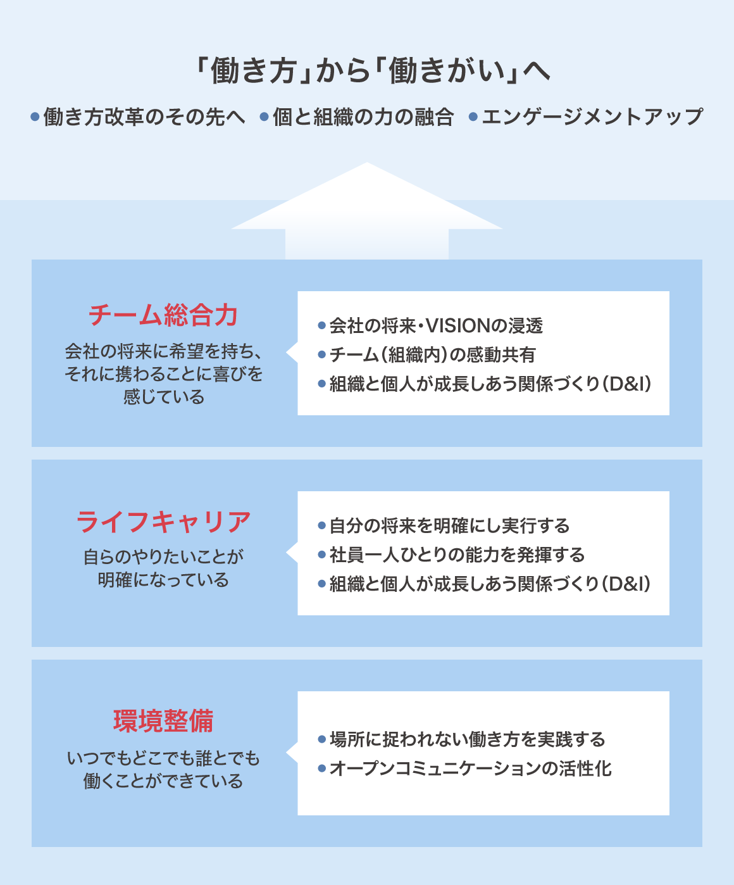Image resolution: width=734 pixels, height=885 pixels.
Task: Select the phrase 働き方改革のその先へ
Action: click(144, 117)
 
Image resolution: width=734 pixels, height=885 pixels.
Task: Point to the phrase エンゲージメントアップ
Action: click(592, 117)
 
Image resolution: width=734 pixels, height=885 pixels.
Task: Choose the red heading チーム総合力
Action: click(163, 315)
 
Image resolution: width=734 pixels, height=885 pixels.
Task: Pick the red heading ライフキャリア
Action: click(163, 522)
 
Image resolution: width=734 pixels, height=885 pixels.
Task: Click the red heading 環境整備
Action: click(163, 721)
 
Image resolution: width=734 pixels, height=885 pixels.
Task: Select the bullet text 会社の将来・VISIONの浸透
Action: click(436, 326)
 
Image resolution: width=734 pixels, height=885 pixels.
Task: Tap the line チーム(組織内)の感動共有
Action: click(432, 355)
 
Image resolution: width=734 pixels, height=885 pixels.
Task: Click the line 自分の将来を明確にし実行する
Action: click(449, 526)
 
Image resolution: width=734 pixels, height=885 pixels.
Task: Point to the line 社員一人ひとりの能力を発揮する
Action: click(457, 555)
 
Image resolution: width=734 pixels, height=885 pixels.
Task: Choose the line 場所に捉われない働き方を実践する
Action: click(467, 739)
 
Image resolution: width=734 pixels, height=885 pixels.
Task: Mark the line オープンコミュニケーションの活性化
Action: click(470, 769)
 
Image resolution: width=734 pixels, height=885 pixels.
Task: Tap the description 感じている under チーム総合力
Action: click(163, 397)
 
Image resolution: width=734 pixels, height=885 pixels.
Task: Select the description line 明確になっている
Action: click(163, 580)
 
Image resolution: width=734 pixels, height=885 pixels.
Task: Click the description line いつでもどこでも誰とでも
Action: click(163, 758)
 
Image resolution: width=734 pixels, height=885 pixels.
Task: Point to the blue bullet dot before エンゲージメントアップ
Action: click(473, 117)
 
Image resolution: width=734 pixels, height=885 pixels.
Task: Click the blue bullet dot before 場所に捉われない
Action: click(321, 739)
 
